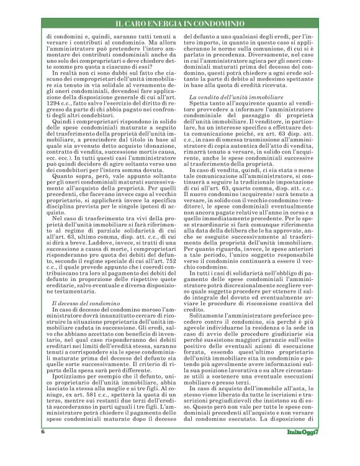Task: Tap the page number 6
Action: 43,448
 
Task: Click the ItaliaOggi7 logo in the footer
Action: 300,448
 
